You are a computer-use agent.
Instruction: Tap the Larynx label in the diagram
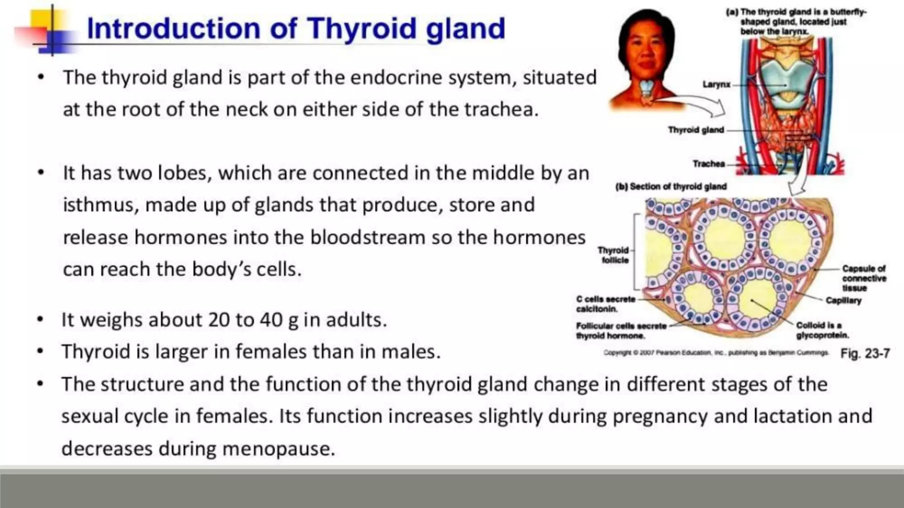(716, 84)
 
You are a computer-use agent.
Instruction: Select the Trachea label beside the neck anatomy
(708, 164)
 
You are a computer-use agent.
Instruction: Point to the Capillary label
(843, 300)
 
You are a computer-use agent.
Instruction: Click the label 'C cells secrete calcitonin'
(605, 304)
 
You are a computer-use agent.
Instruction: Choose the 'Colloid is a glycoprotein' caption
(822, 330)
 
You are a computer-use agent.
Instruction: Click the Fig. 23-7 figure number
(865, 353)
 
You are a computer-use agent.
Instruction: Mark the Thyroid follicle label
(614, 255)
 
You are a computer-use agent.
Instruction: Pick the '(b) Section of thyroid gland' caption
(670, 187)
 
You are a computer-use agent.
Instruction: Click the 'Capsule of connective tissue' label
(863, 278)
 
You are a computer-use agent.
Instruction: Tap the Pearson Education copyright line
(715, 353)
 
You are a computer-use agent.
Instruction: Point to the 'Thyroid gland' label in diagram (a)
(696, 130)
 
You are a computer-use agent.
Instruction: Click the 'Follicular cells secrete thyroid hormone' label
(621, 331)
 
